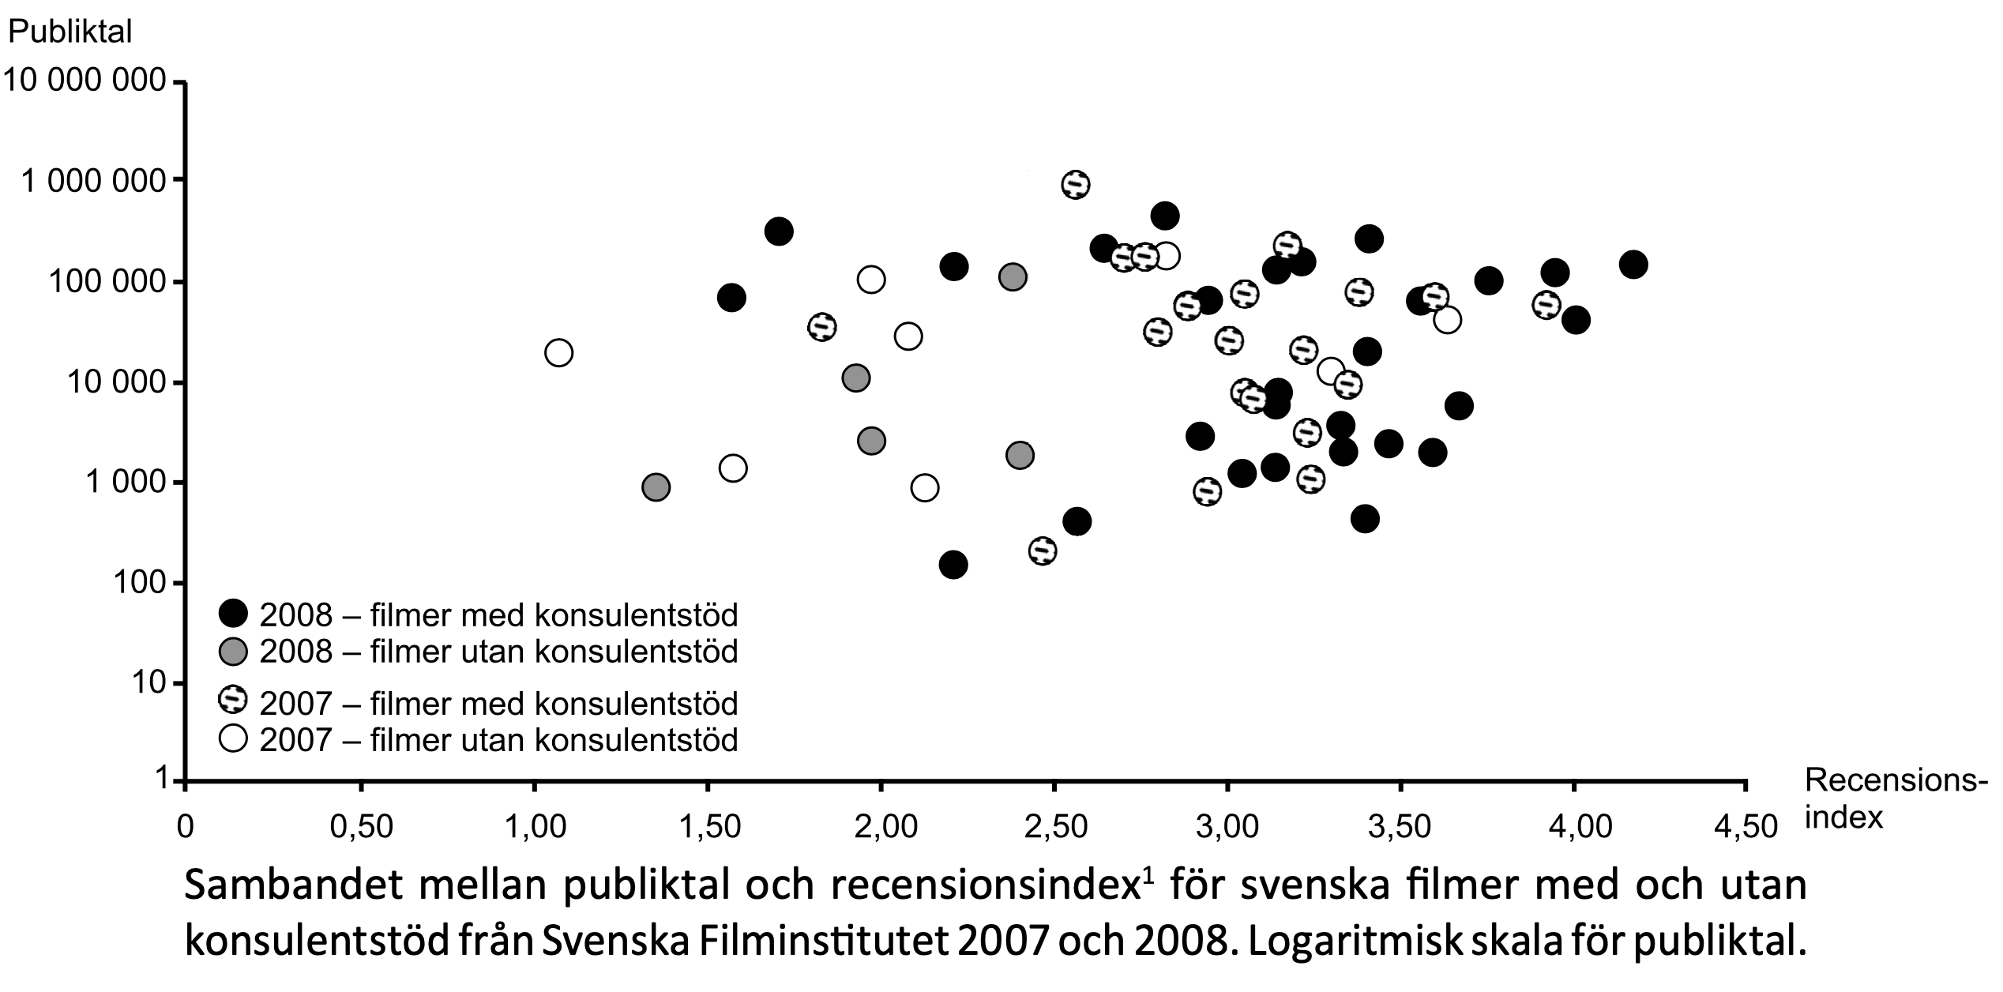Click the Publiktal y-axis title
[70, 32]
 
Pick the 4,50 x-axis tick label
[1746, 827]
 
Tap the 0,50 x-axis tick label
[360, 827]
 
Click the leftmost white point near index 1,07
[558, 352]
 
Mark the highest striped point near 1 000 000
[1076, 185]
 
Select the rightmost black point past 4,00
[1633, 265]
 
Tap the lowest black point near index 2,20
[953, 565]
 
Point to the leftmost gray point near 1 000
[656, 487]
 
